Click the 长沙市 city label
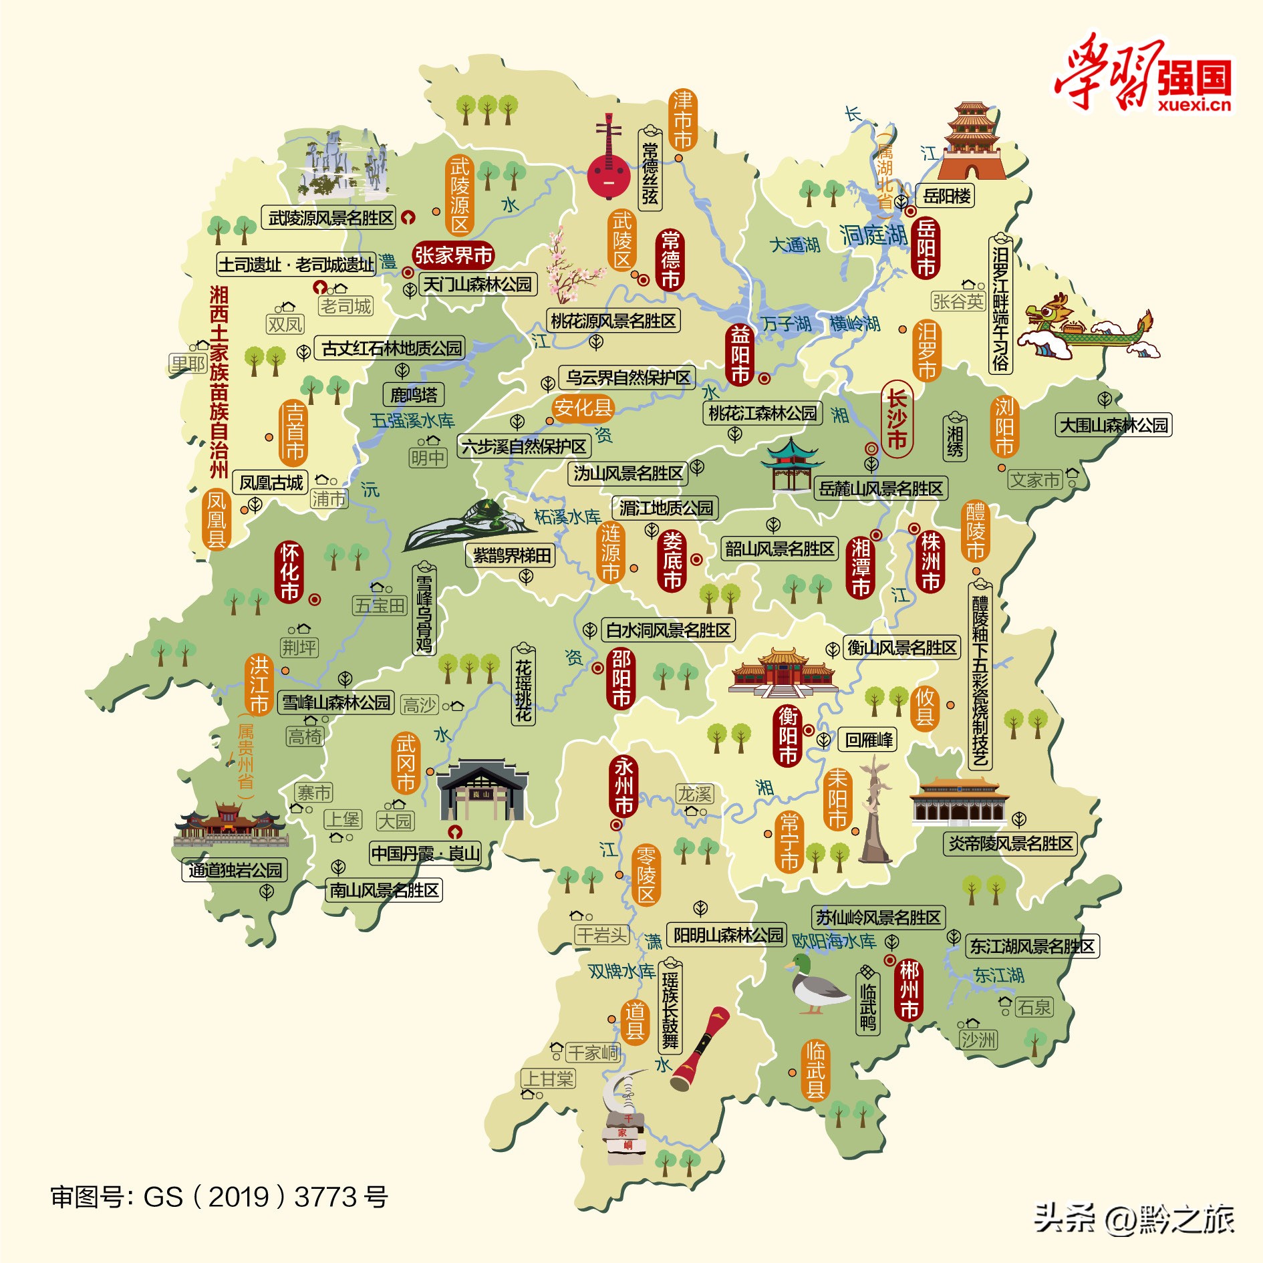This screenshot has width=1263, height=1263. [896, 419]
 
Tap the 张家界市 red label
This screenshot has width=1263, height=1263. [453, 255]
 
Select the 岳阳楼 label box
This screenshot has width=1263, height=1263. [946, 196]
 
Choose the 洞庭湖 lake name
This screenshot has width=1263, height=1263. [873, 235]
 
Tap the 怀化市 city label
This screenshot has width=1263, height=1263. [289, 572]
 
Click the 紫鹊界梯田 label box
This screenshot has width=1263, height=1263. [511, 555]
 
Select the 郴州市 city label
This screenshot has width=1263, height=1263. [909, 990]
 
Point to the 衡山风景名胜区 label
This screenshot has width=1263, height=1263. [901, 648]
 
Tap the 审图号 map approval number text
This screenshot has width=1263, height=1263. [219, 1197]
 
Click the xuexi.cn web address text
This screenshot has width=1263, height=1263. [1194, 104]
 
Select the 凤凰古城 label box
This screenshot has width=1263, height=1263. [271, 482]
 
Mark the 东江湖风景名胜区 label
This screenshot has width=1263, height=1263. [1032, 946]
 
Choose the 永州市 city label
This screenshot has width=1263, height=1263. [623, 786]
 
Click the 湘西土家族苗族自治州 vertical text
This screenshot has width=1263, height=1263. [219, 382]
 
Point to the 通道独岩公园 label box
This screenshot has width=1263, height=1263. [235, 870]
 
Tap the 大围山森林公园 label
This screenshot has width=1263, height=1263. [1113, 425]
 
